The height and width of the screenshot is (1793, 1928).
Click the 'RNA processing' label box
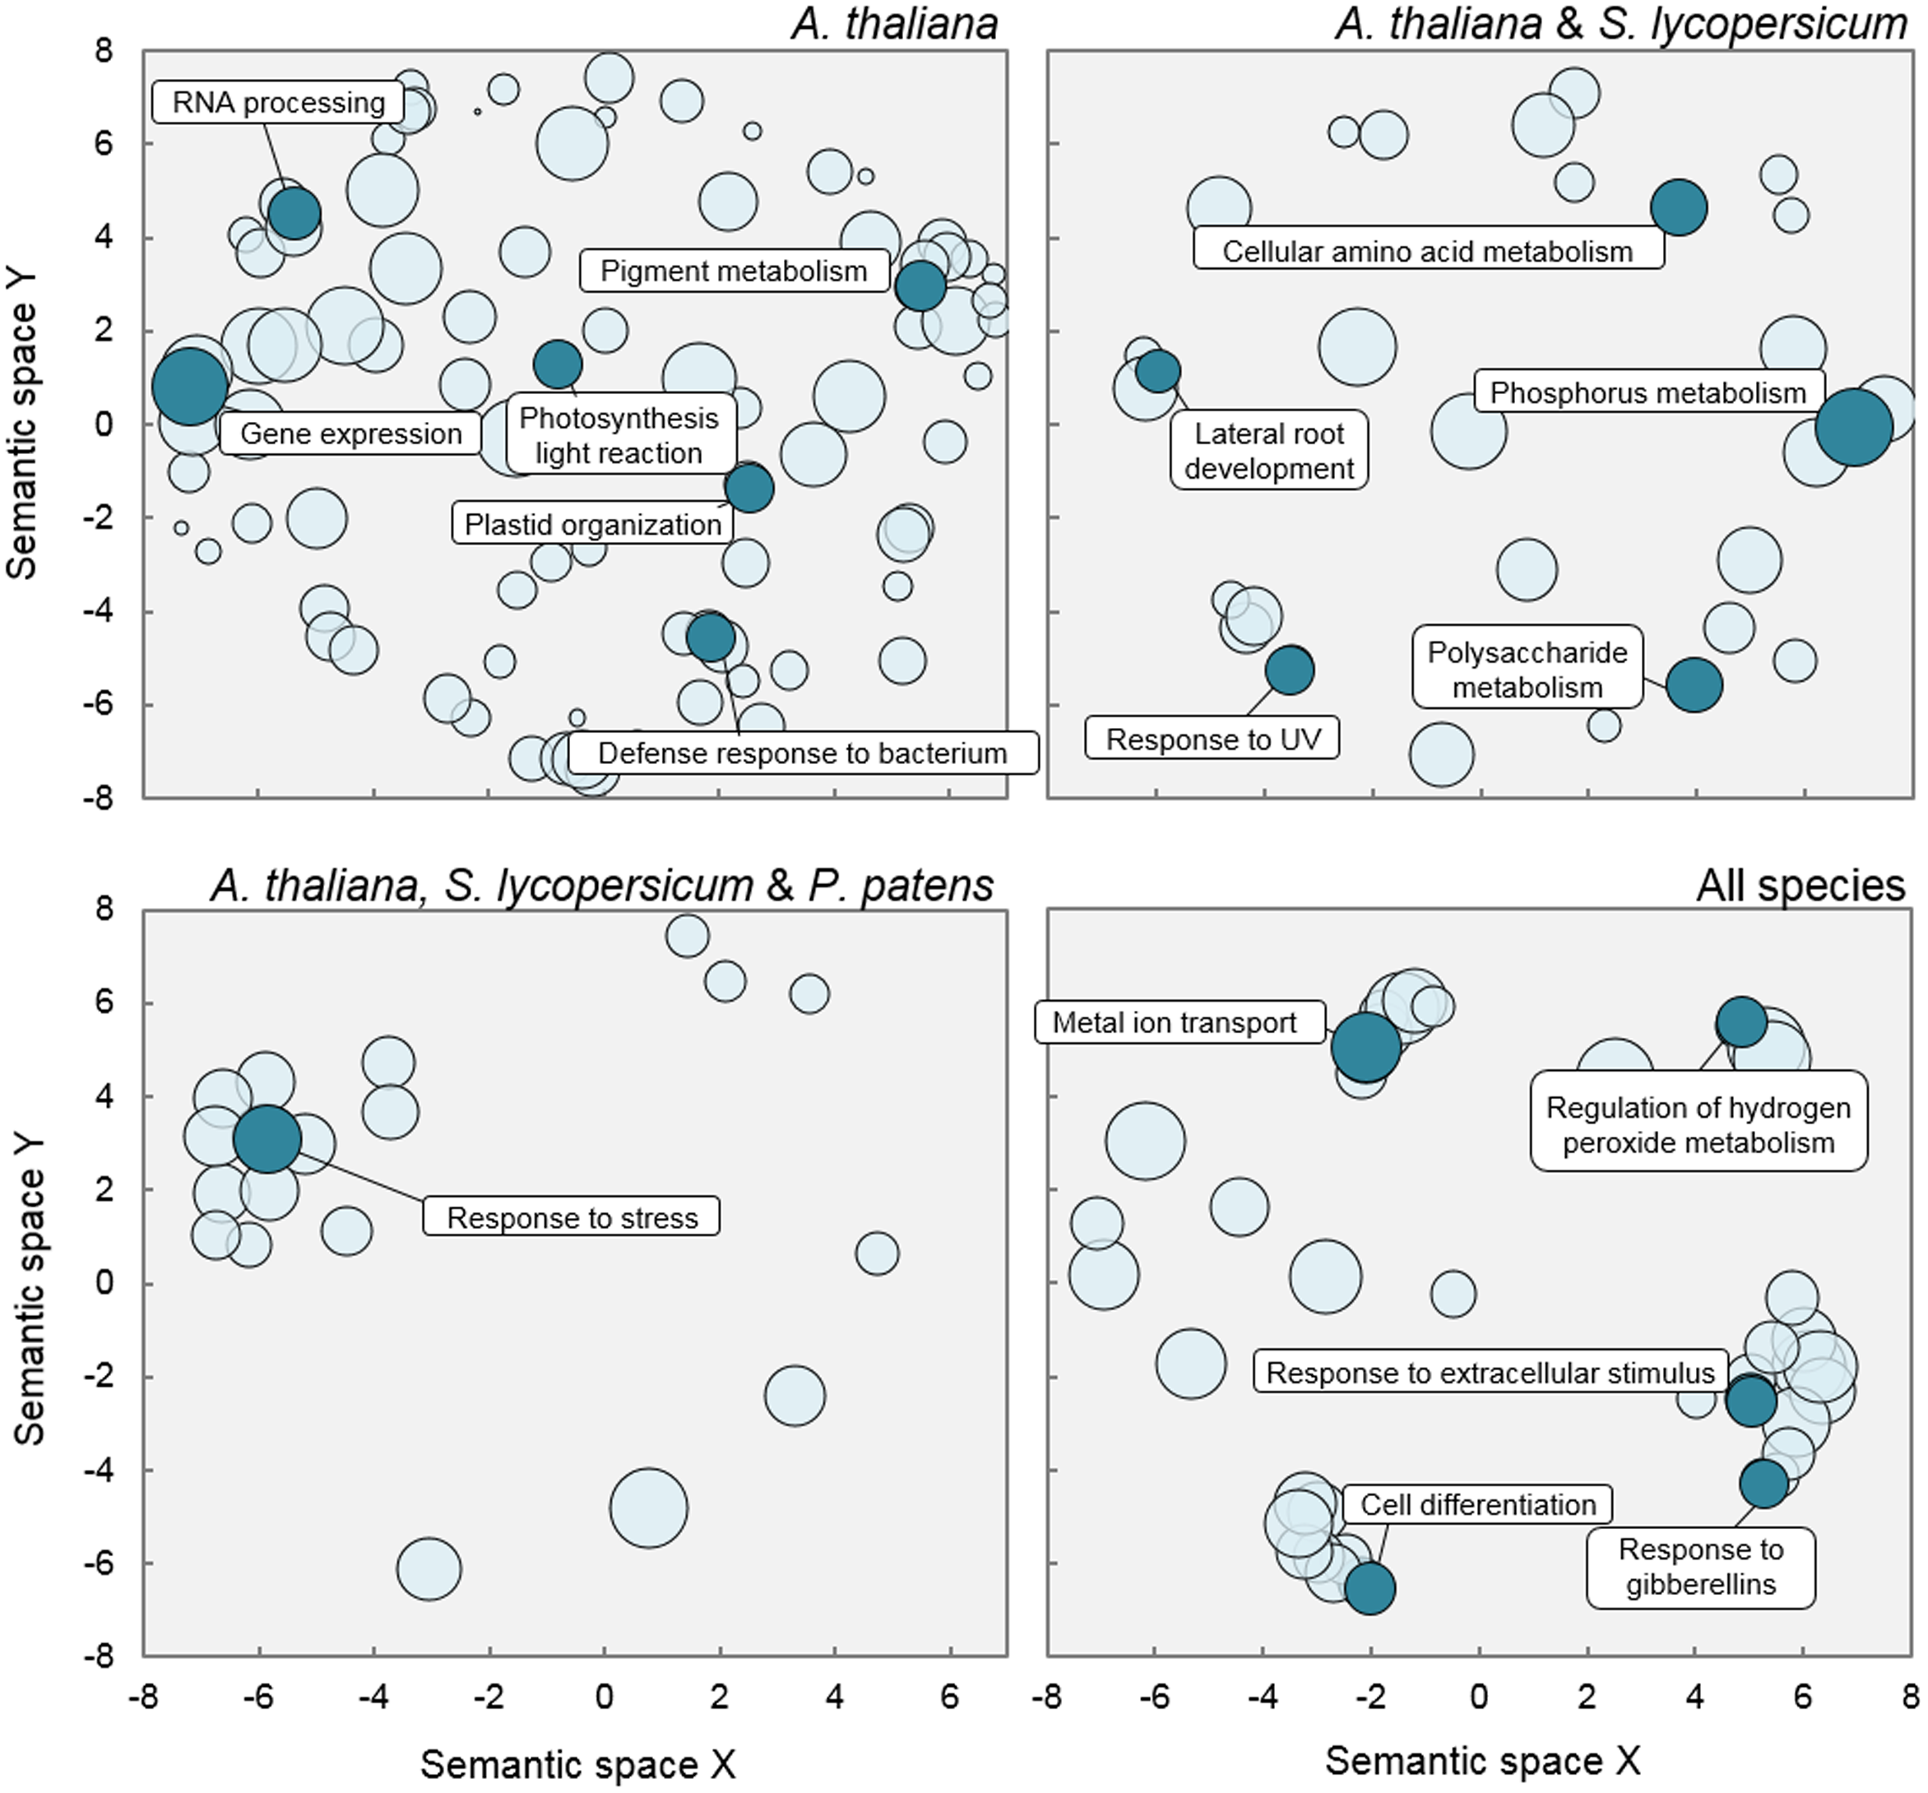pos(278,102)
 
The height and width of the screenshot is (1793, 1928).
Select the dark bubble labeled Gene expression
pos(190,386)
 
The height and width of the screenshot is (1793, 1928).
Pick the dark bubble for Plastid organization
pos(748,488)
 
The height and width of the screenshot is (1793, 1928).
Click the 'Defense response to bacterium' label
pos(802,753)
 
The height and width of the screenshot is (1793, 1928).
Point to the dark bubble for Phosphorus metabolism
pos(1853,427)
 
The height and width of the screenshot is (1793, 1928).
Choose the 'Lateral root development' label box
pos(1268,451)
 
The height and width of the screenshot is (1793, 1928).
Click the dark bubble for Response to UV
pos(1290,670)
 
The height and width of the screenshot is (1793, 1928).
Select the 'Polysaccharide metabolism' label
pos(1527,669)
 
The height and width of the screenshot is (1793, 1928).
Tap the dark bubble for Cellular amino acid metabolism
pos(1679,207)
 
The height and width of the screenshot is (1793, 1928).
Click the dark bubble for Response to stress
pos(266,1139)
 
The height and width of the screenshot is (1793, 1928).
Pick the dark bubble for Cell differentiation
pos(1370,1588)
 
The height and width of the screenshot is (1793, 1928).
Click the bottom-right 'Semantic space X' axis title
pos(1483,1760)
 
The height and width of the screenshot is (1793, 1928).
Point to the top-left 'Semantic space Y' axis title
pos(21,424)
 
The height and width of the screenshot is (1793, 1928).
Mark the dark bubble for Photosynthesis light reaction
pos(558,364)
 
